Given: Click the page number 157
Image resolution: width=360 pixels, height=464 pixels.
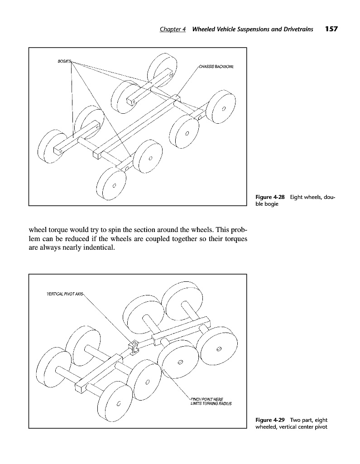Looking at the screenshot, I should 331,29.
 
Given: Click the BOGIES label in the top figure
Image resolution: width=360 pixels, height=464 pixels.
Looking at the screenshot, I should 64,61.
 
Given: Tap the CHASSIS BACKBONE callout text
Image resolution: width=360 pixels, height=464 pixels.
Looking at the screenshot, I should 216,66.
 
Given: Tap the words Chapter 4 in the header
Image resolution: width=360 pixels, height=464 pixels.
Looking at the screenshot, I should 173,29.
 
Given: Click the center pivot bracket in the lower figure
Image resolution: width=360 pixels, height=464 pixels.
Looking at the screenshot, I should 134,347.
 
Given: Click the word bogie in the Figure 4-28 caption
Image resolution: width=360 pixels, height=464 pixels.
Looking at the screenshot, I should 271,204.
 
